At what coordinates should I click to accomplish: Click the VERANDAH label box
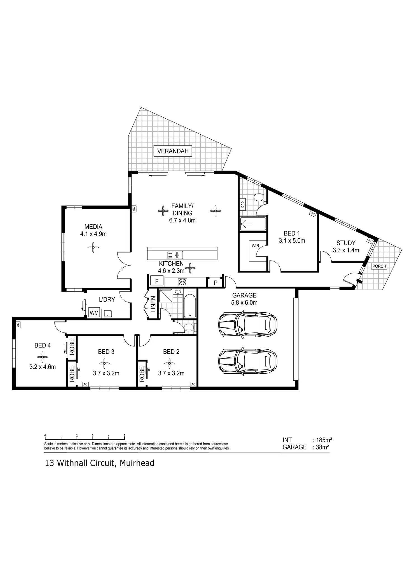(x=173, y=151)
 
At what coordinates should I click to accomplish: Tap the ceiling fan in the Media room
(x=93, y=247)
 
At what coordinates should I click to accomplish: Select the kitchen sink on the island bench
(x=175, y=255)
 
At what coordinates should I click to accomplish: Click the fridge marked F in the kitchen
(x=157, y=281)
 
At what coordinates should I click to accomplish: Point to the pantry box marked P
(x=216, y=283)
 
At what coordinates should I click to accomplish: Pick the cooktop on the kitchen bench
(x=182, y=282)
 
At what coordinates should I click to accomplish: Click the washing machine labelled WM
(x=94, y=313)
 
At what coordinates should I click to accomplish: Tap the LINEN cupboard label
(x=153, y=304)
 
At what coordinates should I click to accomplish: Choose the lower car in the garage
(x=248, y=361)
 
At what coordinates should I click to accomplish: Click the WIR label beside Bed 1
(x=255, y=246)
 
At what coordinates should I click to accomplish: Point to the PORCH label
(x=379, y=266)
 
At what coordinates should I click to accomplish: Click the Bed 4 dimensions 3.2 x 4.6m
(x=43, y=367)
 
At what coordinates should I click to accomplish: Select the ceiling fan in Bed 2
(x=169, y=363)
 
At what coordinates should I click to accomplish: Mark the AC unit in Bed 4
(x=18, y=325)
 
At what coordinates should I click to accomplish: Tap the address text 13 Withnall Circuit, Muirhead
(x=100, y=463)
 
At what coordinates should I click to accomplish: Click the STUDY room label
(x=346, y=243)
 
